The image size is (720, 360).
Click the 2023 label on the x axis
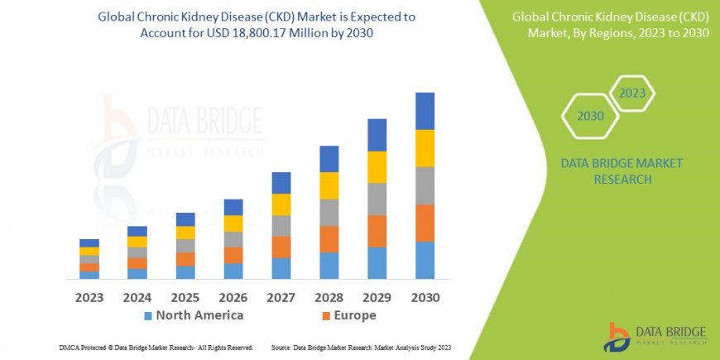pyautogui.click(x=89, y=297)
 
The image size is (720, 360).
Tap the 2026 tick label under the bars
pyautogui.click(x=233, y=297)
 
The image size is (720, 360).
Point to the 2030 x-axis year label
pyautogui.click(x=425, y=297)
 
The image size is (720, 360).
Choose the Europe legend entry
pyautogui.click(x=348, y=315)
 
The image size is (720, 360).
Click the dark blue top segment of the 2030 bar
pyautogui.click(x=425, y=111)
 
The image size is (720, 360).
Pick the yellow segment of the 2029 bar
pyautogui.click(x=377, y=167)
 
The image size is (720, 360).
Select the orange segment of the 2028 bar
pyautogui.click(x=329, y=239)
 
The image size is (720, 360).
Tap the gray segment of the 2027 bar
pyautogui.click(x=281, y=226)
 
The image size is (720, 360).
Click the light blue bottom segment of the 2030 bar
pyautogui.click(x=425, y=260)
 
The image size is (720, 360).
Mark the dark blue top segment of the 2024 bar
pyautogui.click(x=137, y=231)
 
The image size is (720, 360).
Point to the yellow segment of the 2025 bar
pyautogui.click(x=185, y=233)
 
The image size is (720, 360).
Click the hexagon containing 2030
pyautogui.click(x=590, y=116)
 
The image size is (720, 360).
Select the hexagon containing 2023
pyautogui.click(x=631, y=93)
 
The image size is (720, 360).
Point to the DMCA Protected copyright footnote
pyautogui.click(x=156, y=348)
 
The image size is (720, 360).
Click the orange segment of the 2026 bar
pyautogui.click(x=233, y=255)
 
